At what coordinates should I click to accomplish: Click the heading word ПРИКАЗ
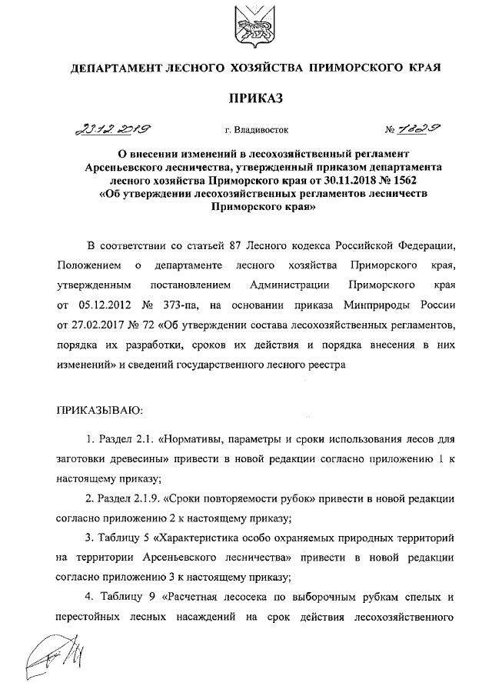[x=254, y=98]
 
